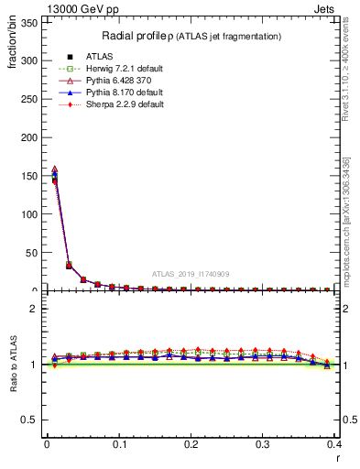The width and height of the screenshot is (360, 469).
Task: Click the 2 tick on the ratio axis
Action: [36, 309]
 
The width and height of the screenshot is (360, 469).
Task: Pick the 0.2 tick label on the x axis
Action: [191, 444]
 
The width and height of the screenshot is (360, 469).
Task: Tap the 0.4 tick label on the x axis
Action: [334, 444]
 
